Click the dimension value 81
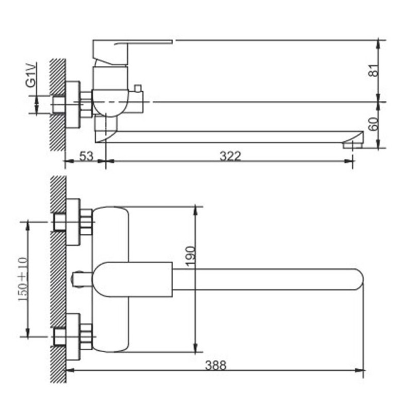point(374,70)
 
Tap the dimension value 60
point(374,124)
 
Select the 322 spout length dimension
point(230,156)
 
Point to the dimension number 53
point(86,156)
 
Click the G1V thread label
point(31,75)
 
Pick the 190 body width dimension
point(191,255)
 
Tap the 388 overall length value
point(215,365)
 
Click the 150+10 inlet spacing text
point(23,279)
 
